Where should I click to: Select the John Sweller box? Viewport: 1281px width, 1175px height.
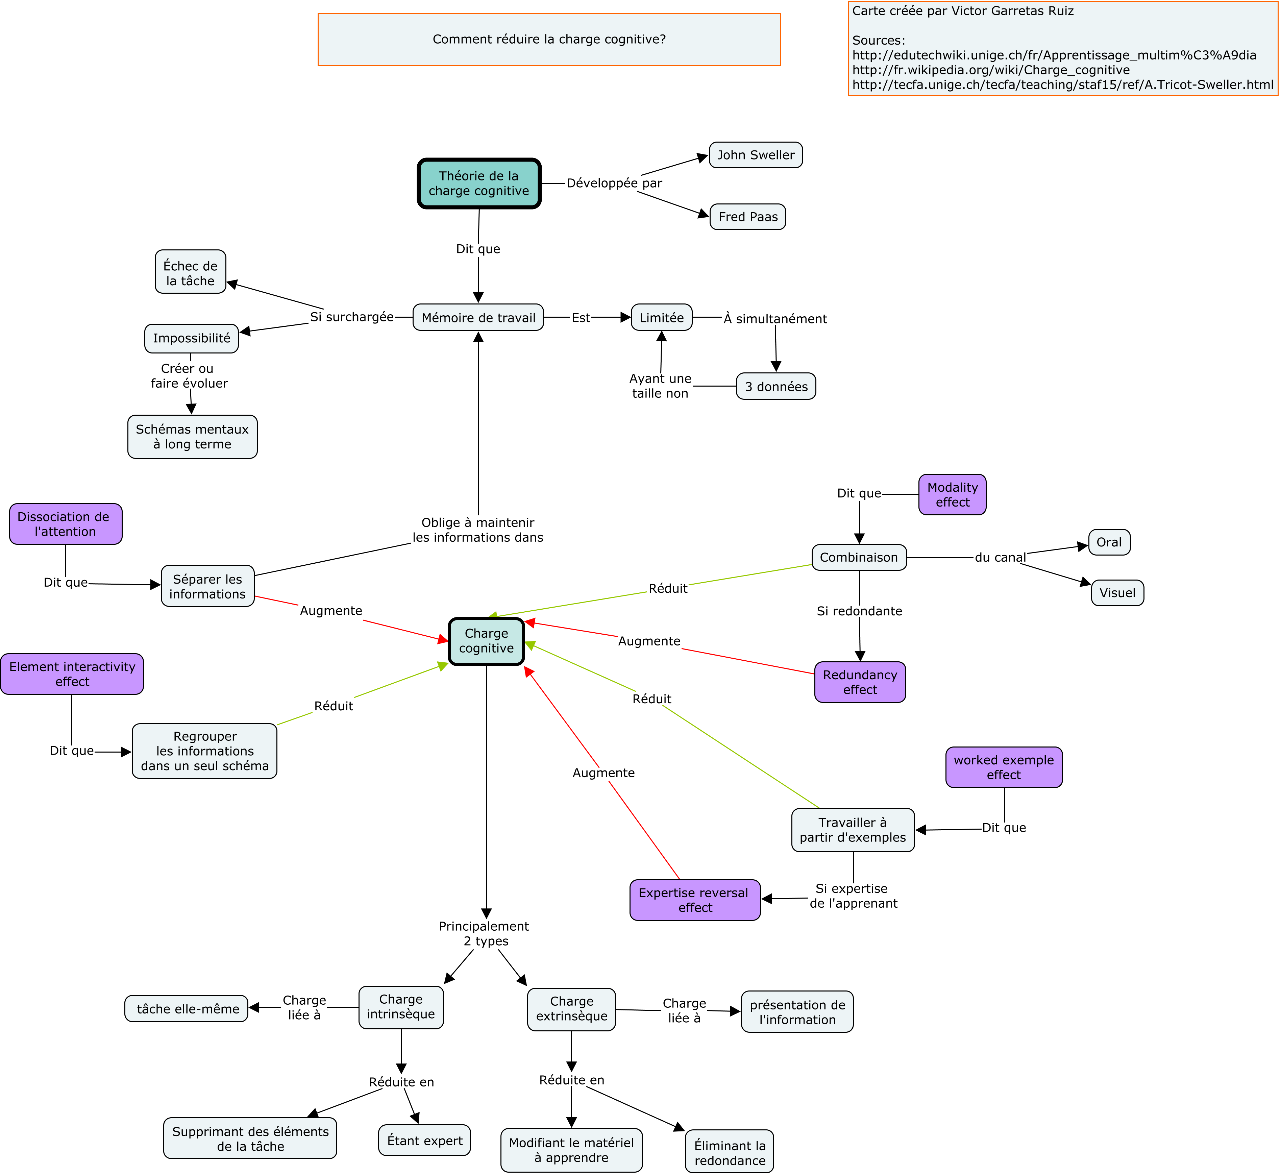coord(756,155)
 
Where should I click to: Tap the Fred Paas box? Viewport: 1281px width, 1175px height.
coord(748,217)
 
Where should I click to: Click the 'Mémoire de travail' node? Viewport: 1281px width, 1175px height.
coord(478,317)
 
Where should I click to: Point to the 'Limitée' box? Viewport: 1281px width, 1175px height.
coord(662,317)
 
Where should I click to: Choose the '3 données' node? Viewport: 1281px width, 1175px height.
coord(776,386)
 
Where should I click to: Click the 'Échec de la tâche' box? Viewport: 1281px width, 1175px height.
coord(191,271)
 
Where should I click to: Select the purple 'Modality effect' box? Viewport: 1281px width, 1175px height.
coord(952,495)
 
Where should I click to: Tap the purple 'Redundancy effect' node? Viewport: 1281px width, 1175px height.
coord(860,682)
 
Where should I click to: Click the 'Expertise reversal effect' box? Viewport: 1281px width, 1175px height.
coord(695,900)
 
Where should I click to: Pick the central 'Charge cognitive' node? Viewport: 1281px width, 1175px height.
coord(486,641)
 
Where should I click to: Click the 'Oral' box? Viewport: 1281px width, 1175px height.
coord(1109,542)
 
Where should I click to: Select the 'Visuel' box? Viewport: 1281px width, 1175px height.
coord(1117,593)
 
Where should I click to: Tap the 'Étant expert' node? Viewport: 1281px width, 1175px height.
coord(425,1140)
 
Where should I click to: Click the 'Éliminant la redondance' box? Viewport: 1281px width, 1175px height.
coord(730,1151)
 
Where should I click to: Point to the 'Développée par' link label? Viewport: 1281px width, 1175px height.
coord(614,183)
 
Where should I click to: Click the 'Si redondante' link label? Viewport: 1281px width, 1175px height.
coord(860,611)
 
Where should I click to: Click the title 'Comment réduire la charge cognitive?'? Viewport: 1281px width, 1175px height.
coord(549,40)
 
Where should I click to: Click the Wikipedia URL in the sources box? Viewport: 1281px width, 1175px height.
coord(991,70)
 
